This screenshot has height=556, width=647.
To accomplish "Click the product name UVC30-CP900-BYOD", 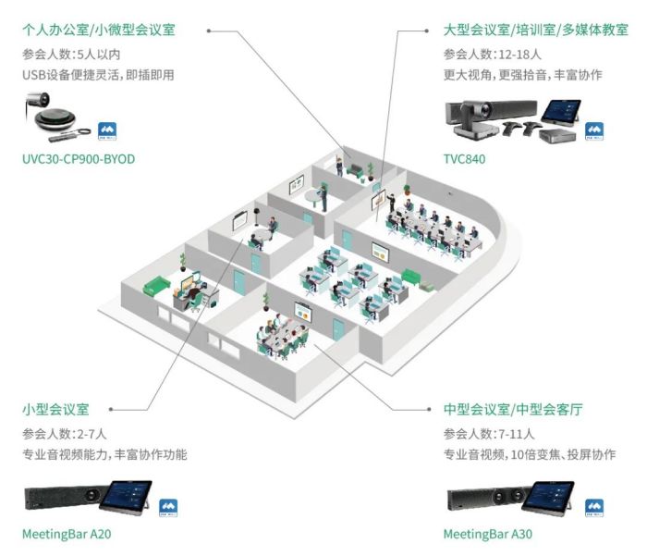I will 79,159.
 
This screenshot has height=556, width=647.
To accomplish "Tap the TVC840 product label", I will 464,159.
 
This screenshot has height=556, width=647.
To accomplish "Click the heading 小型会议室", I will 55,408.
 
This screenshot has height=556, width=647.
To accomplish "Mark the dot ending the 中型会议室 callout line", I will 432,408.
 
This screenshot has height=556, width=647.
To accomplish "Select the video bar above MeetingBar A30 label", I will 480,500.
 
